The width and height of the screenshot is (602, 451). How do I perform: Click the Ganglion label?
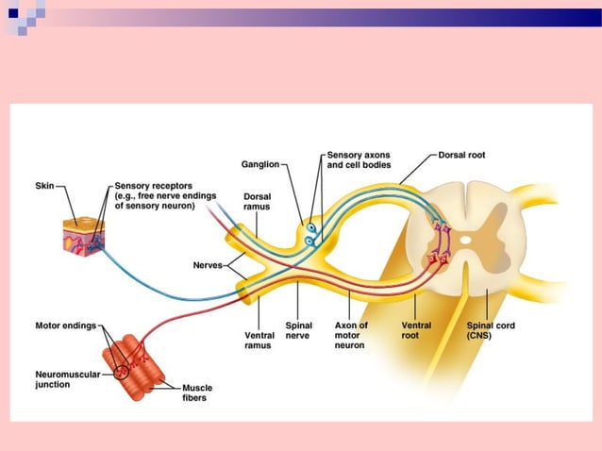point(259,164)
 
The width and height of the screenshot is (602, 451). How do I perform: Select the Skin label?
point(46,186)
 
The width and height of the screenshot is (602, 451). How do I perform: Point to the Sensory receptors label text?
point(155,195)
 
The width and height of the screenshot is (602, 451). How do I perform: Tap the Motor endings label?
point(65,326)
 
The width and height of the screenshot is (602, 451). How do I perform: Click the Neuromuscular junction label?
point(64,380)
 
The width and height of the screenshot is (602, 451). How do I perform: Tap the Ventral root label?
point(416,330)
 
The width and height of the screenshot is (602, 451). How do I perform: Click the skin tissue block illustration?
point(83,237)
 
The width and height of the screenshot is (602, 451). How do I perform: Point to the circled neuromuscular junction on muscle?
point(124,370)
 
